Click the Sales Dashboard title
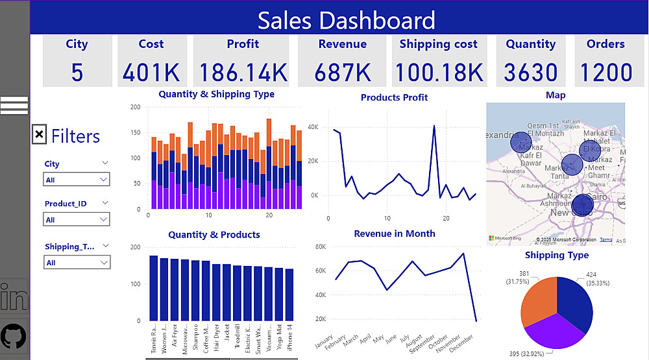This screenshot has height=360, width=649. tap(346, 21)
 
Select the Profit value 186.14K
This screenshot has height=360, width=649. tap(243, 72)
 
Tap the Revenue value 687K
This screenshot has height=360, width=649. tap(342, 72)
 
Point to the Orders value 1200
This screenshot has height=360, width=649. tap(605, 72)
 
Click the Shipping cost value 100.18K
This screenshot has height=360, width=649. tap(439, 72)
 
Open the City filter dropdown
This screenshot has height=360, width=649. tap(77, 180)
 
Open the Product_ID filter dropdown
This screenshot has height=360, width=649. tap(77, 220)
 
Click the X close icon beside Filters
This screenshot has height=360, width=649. tap(40, 134)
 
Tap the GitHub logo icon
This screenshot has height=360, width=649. tap(14, 336)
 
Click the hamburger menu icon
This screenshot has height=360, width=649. tap(14, 105)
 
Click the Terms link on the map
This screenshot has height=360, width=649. tap(606, 239)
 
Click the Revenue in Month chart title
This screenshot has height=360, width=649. tap(395, 234)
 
